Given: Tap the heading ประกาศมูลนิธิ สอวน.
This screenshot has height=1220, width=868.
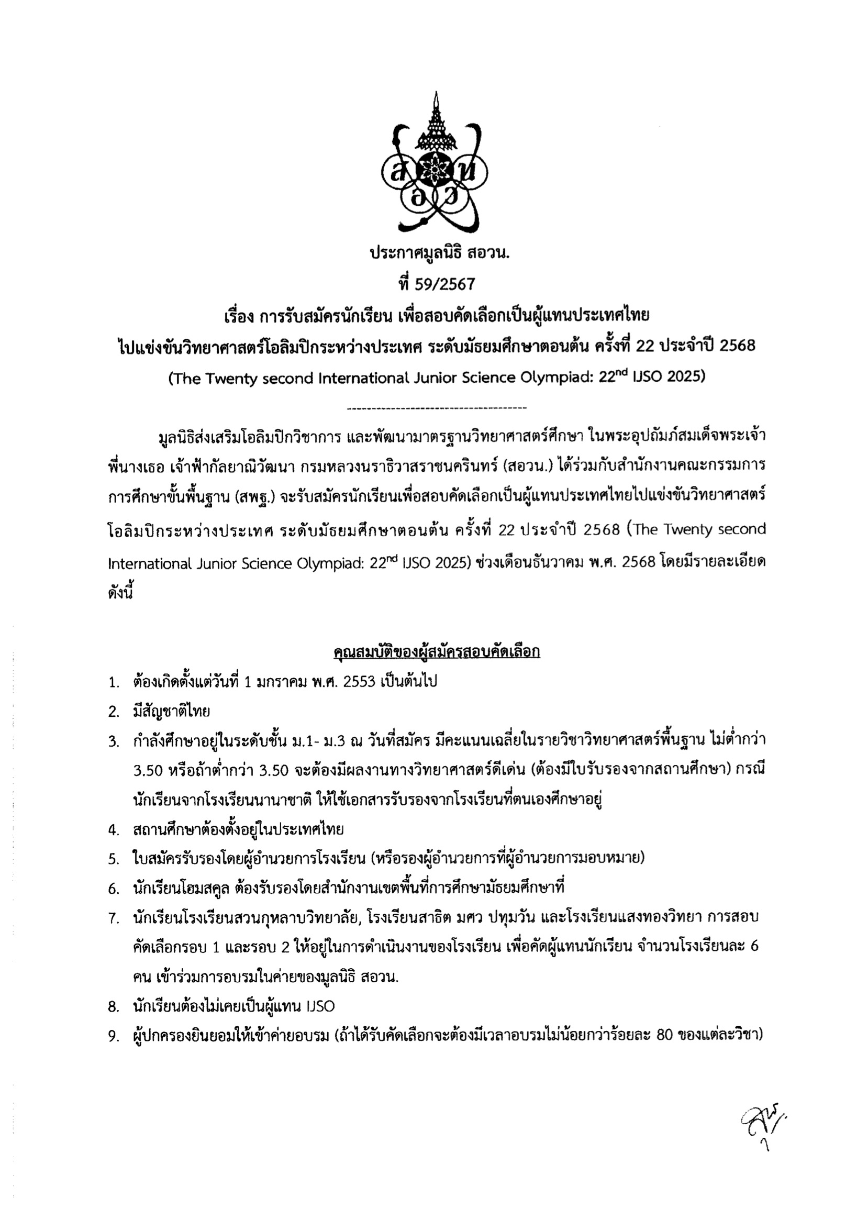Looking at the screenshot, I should point(439,252).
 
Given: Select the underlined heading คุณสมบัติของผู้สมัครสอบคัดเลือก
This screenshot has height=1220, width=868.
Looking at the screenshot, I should point(436,652).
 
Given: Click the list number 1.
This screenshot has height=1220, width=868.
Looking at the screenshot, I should point(113,683).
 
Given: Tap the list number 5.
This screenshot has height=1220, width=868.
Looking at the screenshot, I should point(113,859).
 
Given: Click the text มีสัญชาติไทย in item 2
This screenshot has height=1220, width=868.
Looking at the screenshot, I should point(172,712).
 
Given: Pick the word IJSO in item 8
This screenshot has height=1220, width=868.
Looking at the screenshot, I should point(321,1007).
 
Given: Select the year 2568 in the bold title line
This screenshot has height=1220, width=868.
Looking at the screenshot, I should point(737,346).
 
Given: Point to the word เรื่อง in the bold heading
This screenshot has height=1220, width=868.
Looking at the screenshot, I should point(238,316).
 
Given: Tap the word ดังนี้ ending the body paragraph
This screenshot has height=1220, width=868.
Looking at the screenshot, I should point(120,592).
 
